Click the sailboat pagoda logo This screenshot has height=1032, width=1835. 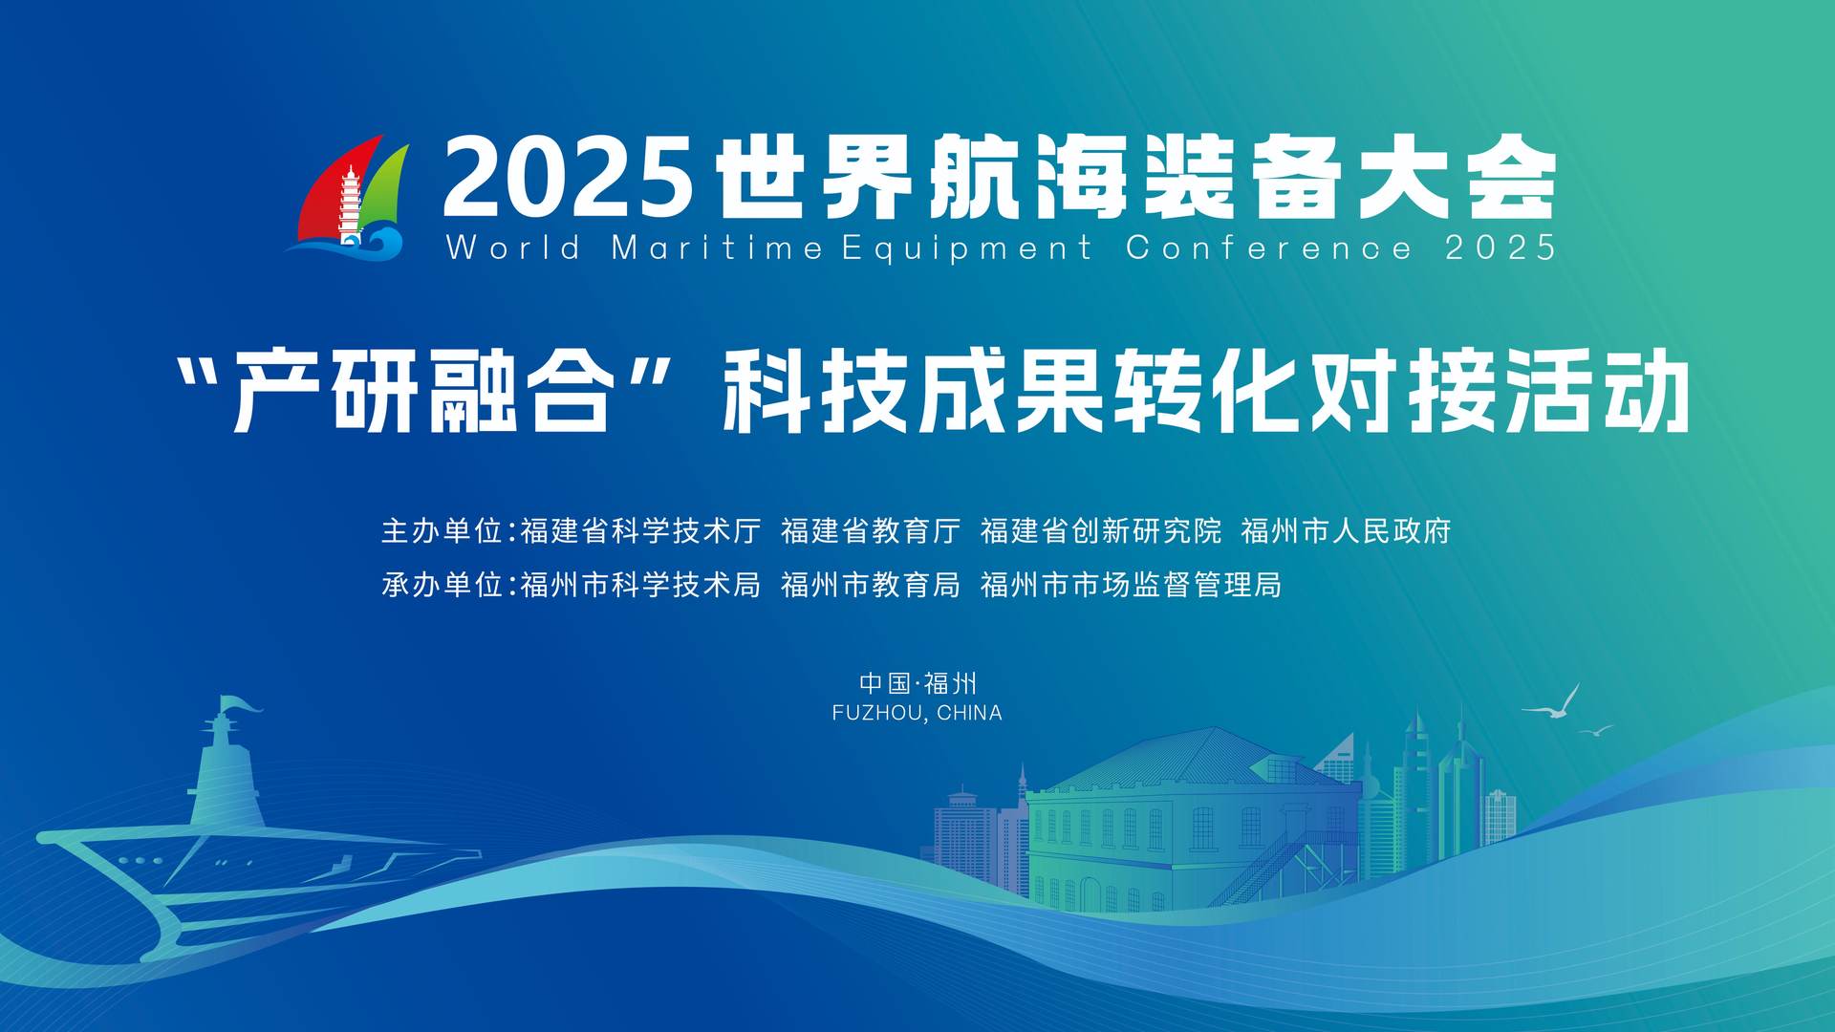(348, 198)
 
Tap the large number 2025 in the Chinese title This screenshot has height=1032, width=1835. (568, 178)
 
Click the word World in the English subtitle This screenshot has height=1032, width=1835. (513, 247)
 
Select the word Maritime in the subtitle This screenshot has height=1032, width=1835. (717, 247)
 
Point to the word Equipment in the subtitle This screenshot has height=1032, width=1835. (966, 248)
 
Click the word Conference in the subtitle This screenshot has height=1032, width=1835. (1268, 247)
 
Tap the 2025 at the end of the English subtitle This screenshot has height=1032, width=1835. (1500, 247)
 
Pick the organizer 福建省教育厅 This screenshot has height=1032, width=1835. (871, 530)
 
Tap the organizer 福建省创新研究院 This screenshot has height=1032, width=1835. (1101, 530)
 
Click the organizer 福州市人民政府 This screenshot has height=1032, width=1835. (1347, 530)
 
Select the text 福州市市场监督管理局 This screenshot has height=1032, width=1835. (1132, 584)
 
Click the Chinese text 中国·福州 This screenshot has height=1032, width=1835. (917, 683)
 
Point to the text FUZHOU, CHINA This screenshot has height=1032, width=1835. (917, 713)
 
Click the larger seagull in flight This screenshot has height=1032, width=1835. (1554, 703)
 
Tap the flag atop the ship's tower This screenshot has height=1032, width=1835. (240, 703)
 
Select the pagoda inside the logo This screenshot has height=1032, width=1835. (351, 203)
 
